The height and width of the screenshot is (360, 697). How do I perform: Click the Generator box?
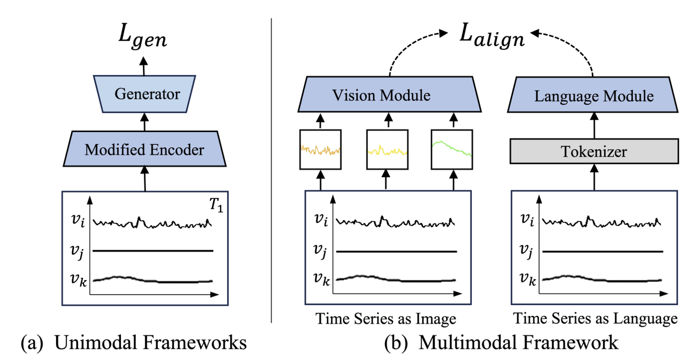tap(144, 93)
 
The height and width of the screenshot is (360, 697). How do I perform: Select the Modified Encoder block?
tap(144, 150)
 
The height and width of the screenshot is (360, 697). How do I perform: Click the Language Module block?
tap(593, 96)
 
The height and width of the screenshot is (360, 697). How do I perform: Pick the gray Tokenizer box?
tap(593, 152)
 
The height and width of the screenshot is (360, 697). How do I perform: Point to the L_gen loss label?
tap(144, 38)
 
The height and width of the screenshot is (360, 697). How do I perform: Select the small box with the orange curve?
tap(320, 149)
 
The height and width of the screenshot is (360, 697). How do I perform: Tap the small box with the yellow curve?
tap(387, 149)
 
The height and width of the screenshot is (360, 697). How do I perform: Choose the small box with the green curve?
tap(453, 149)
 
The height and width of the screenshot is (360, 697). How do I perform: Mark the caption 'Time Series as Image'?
tap(385, 319)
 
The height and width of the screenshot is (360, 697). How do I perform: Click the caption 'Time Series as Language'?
tap(594, 319)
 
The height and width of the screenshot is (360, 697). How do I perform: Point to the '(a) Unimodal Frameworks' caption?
tap(134, 343)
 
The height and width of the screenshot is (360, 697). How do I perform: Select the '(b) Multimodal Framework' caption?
tap(501, 343)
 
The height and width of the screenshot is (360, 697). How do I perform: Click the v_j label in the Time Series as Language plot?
tap(527, 251)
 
